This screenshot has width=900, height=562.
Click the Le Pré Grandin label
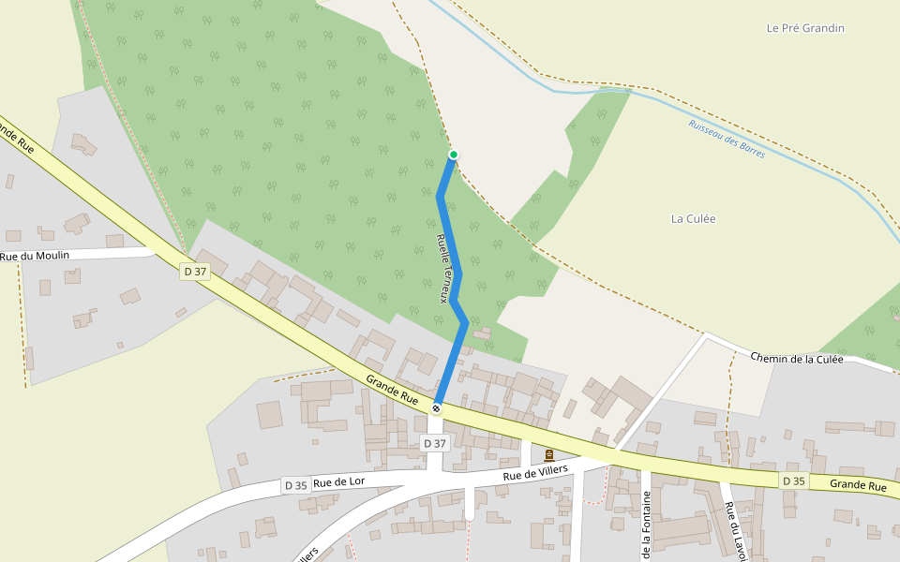point(805,28)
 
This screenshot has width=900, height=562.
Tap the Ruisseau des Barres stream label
point(727,139)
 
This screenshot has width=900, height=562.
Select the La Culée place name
point(693,218)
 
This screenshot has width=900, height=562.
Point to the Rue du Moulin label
point(35,256)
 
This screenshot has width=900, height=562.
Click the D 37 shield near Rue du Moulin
point(195,272)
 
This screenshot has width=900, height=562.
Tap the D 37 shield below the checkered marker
point(435,443)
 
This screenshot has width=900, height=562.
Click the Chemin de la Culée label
point(797,359)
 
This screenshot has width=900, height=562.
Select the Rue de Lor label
point(338,482)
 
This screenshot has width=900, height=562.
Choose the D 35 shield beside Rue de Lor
point(295,485)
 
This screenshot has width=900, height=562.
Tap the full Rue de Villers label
point(536,474)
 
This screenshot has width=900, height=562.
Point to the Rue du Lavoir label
point(734,532)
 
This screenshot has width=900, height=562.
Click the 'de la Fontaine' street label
point(646,530)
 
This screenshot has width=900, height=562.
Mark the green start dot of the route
point(454,155)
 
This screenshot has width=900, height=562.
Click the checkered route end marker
point(437,408)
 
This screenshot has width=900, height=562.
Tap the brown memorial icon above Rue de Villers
point(548,455)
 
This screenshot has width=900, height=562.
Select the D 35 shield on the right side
point(793,481)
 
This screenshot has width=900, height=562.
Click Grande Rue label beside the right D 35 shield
point(858,486)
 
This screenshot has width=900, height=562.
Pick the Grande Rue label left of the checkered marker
point(392,390)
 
